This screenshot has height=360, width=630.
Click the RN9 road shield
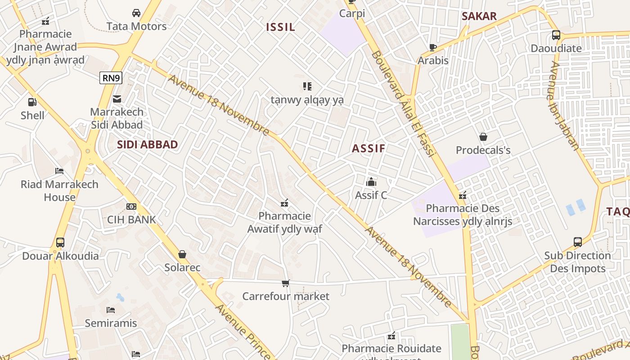click(x=111, y=78)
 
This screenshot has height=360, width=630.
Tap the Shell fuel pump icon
click(x=32, y=102)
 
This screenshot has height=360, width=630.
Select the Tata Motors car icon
click(x=136, y=13)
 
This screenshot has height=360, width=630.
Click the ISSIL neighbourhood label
click(x=280, y=27)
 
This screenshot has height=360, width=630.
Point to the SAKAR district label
click(x=479, y=17)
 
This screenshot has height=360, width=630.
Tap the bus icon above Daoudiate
click(x=556, y=35)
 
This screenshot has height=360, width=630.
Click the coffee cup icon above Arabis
click(x=433, y=47)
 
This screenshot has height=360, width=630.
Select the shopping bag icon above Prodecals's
click(x=483, y=137)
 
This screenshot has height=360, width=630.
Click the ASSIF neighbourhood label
click(x=369, y=148)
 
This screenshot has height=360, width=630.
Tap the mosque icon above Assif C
click(x=371, y=182)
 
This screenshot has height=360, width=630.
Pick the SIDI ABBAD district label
click(x=147, y=144)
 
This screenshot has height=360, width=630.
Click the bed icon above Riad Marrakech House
click(x=59, y=171)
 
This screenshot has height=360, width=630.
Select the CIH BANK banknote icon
click(x=131, y=207)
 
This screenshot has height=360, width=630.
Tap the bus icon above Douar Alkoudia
click(x=60, y=243)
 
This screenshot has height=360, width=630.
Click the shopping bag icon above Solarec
click(x=182, y=255)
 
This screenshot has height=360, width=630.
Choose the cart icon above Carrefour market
click(x=285, y=283)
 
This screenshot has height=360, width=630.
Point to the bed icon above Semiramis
click(x=111, y=310)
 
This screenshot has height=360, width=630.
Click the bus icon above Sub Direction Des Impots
click(x=578, y=242)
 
